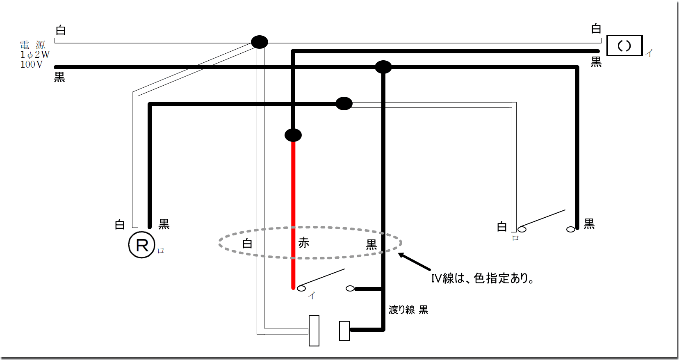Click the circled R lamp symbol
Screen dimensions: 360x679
(141, 245)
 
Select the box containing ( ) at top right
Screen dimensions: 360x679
(624, 46)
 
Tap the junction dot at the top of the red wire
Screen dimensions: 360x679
(293, 135)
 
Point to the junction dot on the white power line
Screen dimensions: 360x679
(260, 42)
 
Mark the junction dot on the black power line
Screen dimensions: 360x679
(383, 67)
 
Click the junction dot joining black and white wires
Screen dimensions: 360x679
(344, 104)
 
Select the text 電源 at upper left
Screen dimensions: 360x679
(32, 45)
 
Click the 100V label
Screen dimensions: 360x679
(32, 64)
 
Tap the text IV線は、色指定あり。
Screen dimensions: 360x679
(482, 278)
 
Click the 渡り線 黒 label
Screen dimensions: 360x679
(408, 310)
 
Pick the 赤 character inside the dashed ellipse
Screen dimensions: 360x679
(304, 243)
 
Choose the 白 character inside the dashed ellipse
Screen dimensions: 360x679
(247, 244)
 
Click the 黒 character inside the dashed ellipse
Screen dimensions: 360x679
(371, 245)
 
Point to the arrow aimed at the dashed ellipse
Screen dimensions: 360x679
(414, 262)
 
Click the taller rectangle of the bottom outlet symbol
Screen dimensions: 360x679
(314, 330)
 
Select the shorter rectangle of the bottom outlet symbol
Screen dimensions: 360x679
(344, 331)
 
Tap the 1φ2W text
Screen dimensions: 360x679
(35, 55)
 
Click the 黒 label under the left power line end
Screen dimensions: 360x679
(59, 77)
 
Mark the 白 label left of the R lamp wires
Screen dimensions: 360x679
(120, 225)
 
